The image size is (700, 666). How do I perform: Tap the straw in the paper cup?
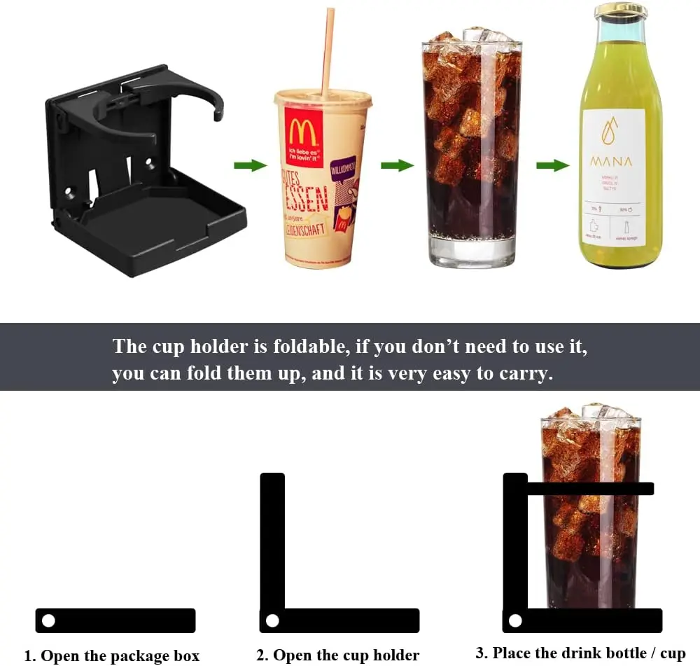click(x=327, y=49)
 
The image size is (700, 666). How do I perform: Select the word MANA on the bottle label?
click(x=611, y=162)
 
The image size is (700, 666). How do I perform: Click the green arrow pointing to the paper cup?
click(x=250, y=165)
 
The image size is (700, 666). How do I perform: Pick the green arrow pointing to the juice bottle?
click(x=552, y=165)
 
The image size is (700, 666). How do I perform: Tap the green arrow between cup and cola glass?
click(x=397, y=165)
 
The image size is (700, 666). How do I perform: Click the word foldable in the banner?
click(x=307, y=347)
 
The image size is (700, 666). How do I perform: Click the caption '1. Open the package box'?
click(x=112, y=656)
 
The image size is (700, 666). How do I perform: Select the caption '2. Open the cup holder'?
click(x=337, y=656)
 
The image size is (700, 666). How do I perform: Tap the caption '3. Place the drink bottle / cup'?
click(x=580, y=653)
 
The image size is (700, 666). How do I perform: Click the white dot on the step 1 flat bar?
click(x=48, y=620)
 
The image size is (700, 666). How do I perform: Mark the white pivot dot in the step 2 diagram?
click(x=272, y=620)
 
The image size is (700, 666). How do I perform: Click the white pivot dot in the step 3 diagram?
click(x=515, y=620)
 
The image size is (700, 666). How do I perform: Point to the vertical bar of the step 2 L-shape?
click(x=272, y=539)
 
